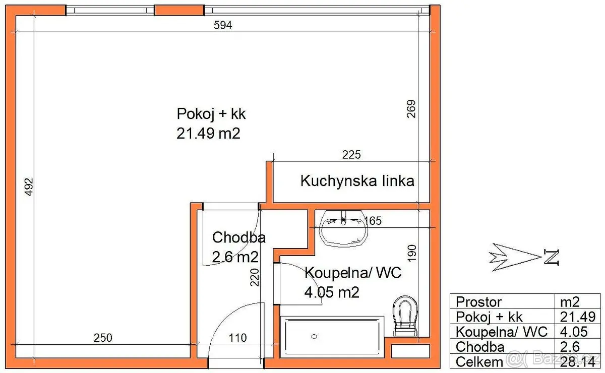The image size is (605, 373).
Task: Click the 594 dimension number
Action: tap(222, 25)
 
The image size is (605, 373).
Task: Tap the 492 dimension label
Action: tap(29, 187)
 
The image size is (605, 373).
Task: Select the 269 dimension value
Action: tap(411, 109)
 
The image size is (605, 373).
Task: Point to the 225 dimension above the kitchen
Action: tap(351, 155)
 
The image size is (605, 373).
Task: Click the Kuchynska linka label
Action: tap(357, 180)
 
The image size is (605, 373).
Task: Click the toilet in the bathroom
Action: tap(405, 316)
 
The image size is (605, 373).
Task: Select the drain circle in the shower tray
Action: tap(314, 337)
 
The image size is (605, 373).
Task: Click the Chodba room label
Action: tap(239, 237)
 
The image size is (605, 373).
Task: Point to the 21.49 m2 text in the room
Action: tap(208, 134)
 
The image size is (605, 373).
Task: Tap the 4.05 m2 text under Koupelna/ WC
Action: tap(332, 292)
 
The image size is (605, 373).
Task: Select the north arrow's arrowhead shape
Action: tap(515, 257)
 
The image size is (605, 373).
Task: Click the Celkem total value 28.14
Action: tap(577, 362)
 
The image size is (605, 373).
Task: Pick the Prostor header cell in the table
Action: tap(478, 301)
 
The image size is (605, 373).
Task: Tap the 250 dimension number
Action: tap(103, 338)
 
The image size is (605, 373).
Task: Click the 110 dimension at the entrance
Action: tap(237, 338)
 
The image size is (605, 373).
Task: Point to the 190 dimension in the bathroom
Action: tap(411, 254)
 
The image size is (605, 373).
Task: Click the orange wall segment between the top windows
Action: tap(179, 11)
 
